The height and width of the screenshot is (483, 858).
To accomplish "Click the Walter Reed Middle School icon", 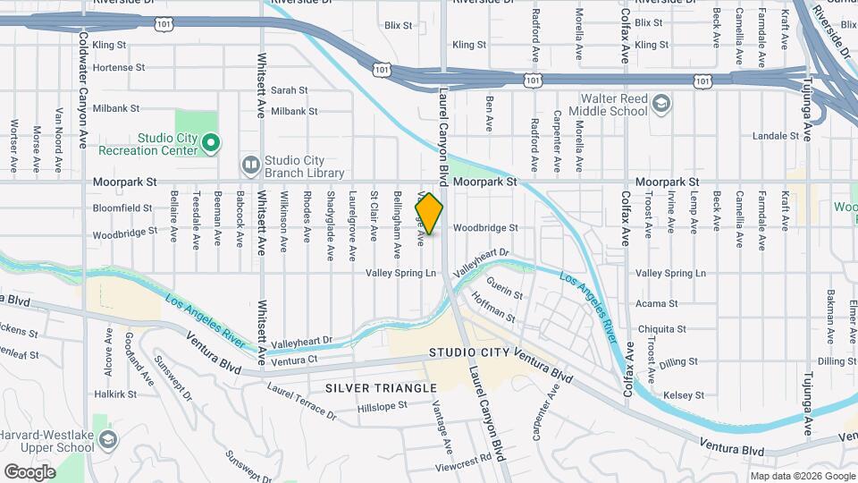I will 660,104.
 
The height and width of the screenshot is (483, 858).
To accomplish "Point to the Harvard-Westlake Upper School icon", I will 107,438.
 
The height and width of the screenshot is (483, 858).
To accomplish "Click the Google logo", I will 29,471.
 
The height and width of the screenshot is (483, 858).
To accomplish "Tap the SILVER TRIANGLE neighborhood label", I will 381,387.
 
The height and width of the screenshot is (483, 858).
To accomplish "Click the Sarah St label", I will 289,90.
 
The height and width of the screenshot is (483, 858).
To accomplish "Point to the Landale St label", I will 775,136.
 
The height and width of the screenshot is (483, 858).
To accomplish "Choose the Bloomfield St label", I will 122,208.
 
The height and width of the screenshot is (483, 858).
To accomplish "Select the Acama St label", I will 657,304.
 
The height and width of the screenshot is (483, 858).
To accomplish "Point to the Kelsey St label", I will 683,394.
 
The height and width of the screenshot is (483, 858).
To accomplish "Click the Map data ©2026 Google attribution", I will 801,476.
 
